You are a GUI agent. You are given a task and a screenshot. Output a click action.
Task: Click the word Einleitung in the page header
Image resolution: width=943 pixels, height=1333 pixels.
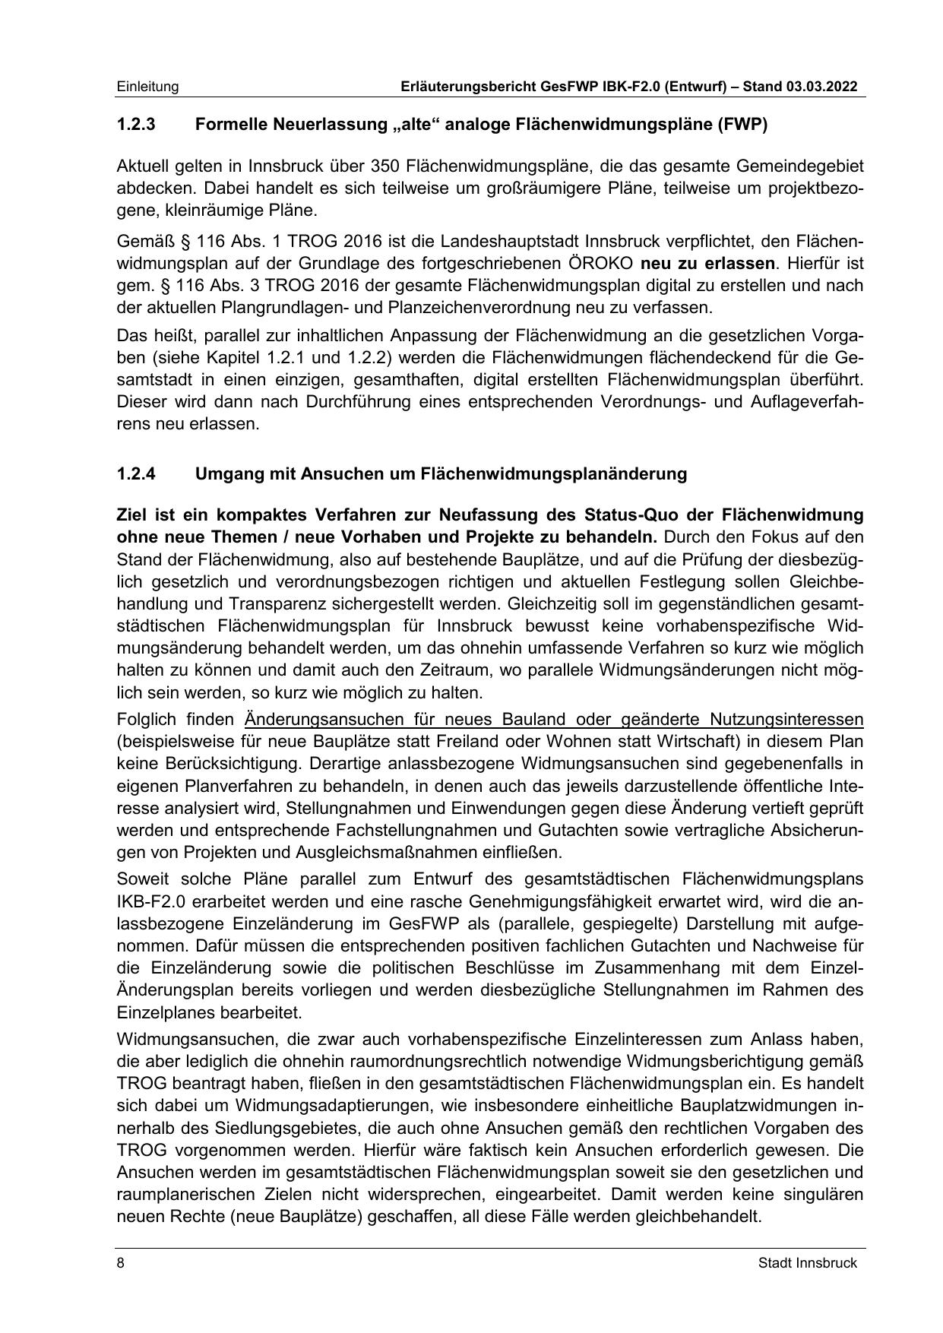tap(147, 87)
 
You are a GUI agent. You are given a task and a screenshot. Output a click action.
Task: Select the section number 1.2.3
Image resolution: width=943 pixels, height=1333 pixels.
tap(136, 125)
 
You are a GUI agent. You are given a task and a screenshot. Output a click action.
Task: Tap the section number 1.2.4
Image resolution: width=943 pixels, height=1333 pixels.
tap(136, 473)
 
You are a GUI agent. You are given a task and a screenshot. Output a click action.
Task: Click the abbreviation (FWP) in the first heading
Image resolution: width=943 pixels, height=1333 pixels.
tap(741, 125)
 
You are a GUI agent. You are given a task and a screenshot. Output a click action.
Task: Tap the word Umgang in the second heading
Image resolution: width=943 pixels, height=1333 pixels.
tap(223, 473)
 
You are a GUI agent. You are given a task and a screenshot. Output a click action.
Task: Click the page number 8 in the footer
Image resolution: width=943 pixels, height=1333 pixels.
tap(120, 1263)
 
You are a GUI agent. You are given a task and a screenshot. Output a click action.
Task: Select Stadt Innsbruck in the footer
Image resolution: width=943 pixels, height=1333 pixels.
tap(807, 1263)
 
